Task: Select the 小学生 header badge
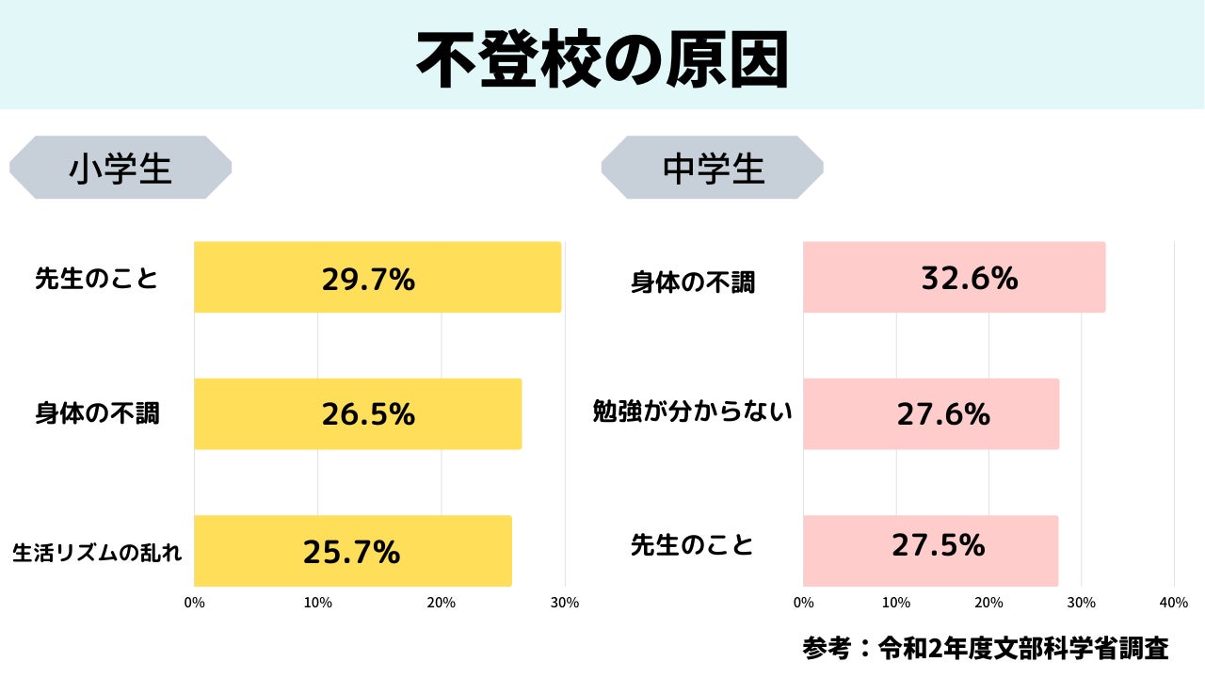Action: click(x=120, y=168)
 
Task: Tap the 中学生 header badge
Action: click(x=713, y=168)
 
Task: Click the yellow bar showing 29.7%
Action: click(x=377, y=278)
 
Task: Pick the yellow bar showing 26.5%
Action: click(x=358, y=414)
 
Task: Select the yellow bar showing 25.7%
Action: click(x=352, y=551)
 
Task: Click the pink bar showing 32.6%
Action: click(x=954, y=278)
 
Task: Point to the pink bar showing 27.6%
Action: click(x=931, y=414)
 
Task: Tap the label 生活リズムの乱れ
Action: click(x=97, y=553)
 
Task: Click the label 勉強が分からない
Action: click(x=693, y=412)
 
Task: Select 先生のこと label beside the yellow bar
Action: click(x=97, y=279)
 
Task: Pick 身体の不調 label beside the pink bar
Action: click(x=693, y=282)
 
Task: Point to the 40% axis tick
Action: click(x=1173, y=603)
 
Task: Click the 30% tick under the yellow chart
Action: click(x=565, y=603)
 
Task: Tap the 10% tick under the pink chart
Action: click(x=895, y=603)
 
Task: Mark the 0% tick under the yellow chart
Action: click(x=194, y=603)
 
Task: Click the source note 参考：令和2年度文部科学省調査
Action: click(x=986, y=648)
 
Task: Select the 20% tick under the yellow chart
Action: click(x=441, y=603)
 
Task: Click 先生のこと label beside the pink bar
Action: click(x=693, y=545)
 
